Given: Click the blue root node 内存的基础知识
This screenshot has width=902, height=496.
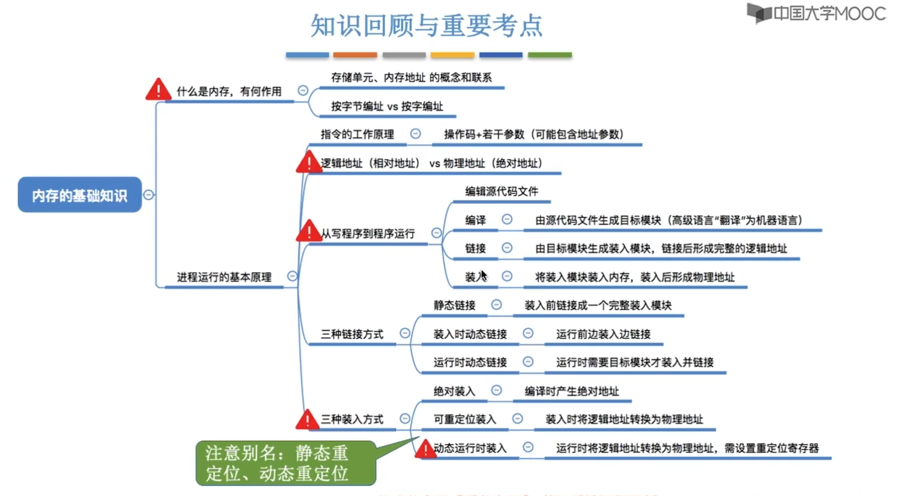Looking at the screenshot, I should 80,195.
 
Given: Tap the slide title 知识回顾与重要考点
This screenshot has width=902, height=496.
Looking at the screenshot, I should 426,25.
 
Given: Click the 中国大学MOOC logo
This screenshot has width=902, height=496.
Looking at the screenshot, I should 817,13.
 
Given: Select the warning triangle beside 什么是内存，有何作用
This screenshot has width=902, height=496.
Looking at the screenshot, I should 158,90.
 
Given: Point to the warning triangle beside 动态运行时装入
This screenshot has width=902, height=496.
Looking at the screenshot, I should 425,449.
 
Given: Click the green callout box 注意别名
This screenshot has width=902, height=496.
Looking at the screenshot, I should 285,463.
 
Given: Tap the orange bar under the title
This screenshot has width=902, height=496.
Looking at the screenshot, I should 355,55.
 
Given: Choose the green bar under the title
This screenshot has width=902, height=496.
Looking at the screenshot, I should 549,55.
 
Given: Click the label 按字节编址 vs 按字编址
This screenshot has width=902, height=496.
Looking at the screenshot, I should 387,107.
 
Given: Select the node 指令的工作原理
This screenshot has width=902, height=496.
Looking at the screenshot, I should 357,134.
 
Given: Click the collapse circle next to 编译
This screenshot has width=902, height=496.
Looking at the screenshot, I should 507,219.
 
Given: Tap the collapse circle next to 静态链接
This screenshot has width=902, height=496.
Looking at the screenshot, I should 496,305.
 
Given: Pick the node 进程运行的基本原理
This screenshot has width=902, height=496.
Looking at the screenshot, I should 224,277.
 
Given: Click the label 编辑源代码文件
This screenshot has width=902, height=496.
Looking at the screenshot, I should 501,191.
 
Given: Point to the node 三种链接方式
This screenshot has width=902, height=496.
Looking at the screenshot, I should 352,334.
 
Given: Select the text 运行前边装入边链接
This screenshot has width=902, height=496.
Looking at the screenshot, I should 603,334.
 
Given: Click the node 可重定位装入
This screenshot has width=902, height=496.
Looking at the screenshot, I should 465,419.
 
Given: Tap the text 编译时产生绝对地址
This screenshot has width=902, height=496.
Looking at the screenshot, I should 572,391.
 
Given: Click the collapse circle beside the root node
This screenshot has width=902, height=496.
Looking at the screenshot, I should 148,195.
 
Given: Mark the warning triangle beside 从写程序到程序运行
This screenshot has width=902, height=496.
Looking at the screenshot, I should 309,231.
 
